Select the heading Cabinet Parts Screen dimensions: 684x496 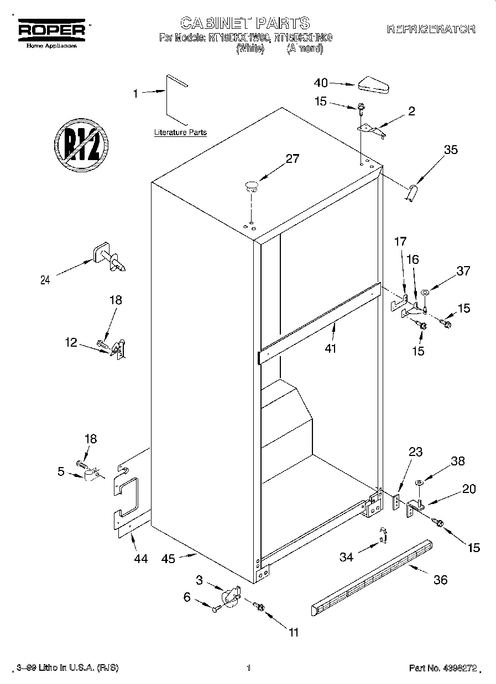[245, 23]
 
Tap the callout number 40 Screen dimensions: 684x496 [321, 83]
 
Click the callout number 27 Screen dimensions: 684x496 [292, 159]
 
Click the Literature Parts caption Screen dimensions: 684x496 [180, 132]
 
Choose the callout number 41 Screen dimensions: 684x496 [331, 348]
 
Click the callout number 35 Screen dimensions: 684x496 [451, 149]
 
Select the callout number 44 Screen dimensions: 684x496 [140, 559]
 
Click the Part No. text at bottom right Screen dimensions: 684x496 [442, 668]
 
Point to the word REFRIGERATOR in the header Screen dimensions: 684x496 [431, 29]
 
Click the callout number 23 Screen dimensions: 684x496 [415, 452]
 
